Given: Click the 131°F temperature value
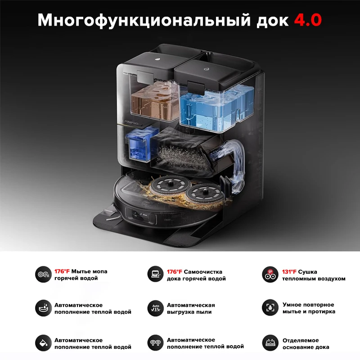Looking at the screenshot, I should (289, 271).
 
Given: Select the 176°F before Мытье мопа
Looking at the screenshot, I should (62, 271).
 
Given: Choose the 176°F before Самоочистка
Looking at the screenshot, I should (175, 271).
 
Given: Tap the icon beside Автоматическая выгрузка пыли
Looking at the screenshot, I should (156, 308).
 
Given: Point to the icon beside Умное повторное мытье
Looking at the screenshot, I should (270, 308).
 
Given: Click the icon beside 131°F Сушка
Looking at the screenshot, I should (270, 274).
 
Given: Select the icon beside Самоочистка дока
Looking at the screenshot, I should (156, 274).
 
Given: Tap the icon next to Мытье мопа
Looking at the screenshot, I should (44, 274).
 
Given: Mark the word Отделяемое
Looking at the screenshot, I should (301, 340).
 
